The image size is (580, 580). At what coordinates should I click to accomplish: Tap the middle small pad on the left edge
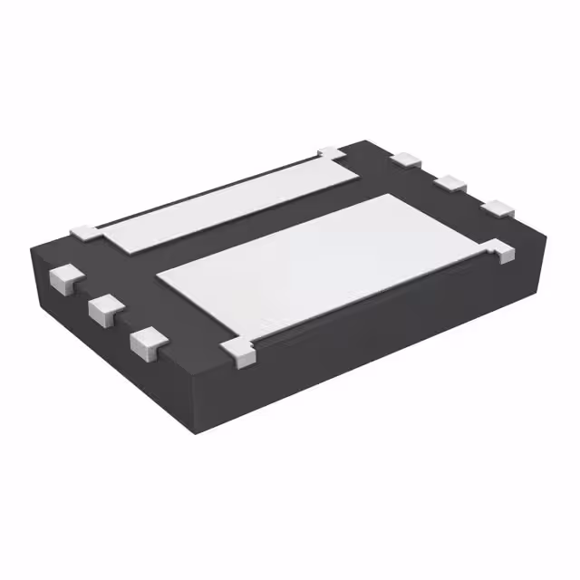[x=106, y=308]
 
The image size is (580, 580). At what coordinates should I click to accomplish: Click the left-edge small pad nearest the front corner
[x=147, y=341]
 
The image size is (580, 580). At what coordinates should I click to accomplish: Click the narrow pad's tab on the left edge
[x=88, y=230]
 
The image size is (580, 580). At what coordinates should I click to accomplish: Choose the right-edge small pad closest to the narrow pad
[x=407, y=160]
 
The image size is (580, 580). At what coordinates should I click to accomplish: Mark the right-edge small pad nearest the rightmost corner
[x=497, y=208]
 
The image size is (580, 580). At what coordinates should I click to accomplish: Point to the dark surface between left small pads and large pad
[x=145, y=290]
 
